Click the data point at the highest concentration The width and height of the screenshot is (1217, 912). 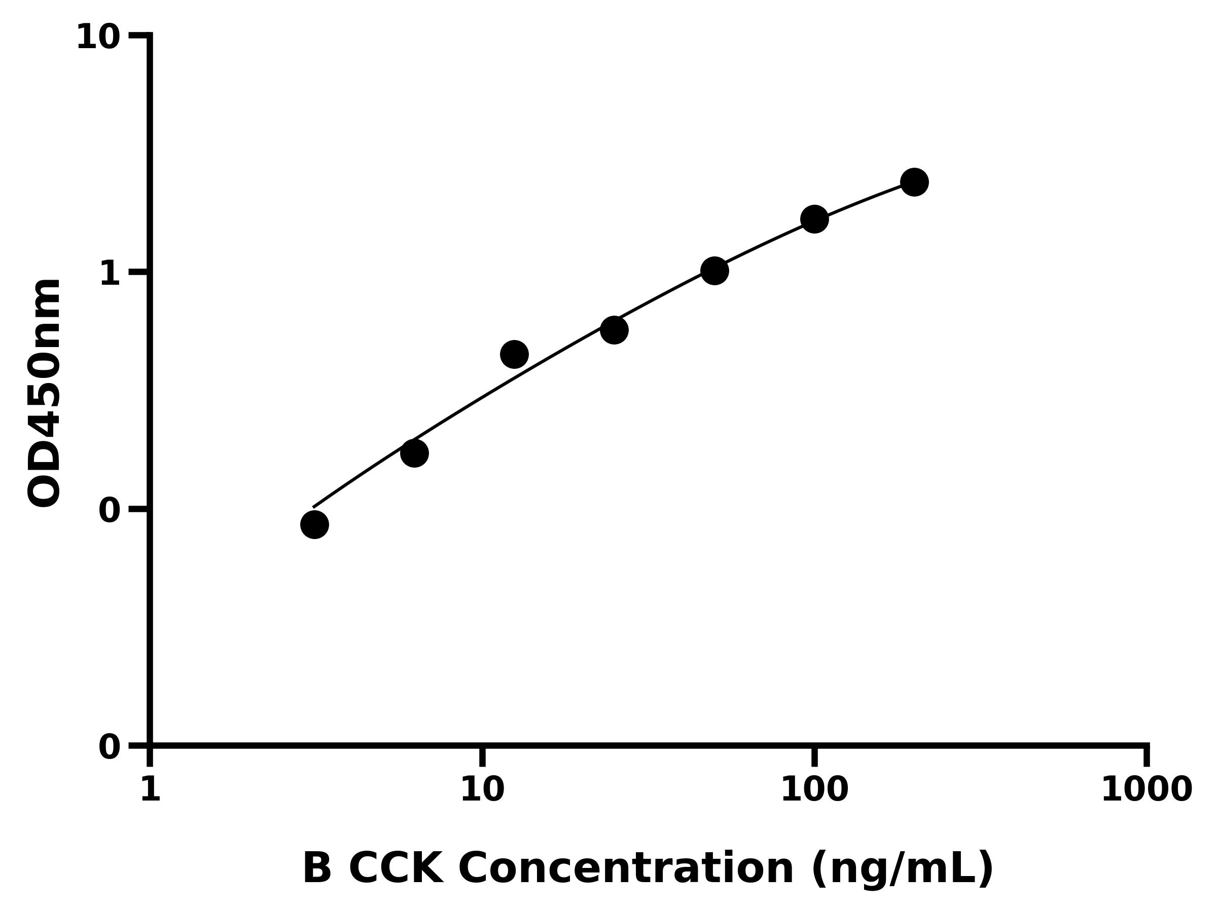point(914,182)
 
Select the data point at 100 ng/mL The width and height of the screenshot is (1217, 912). point(814,219)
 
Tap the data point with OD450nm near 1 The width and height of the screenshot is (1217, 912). point(714,271)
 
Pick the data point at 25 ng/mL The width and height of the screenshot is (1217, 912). point(614,330)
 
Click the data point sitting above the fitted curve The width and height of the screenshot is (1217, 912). point(514,354)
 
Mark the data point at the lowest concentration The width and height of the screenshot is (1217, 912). point(315,524)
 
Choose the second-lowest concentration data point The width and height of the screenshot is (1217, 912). point(414,453)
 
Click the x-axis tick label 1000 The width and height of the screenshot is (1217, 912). point(1147,790)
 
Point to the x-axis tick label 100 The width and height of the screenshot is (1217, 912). point(814,790)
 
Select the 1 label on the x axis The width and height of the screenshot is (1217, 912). point(150,790)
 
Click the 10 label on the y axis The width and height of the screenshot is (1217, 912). point(98,38)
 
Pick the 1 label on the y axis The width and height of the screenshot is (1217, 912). point(110,273)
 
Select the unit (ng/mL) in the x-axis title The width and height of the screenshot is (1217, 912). point(902,869)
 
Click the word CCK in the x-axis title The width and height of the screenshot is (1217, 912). point(396,868)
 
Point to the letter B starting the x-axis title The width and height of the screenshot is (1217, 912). point(317,868)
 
